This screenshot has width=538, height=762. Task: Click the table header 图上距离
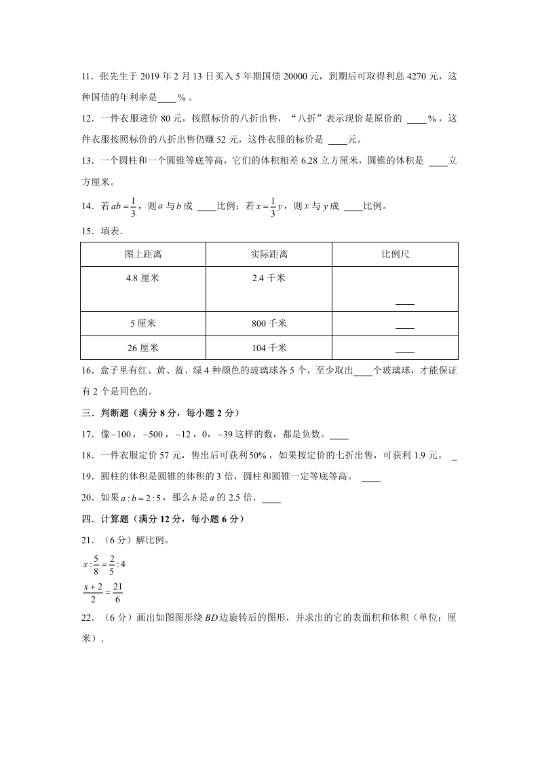pyautogui.click(x=142, y=255)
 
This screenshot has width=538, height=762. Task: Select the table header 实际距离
pyautogui.click(x=269, y=255)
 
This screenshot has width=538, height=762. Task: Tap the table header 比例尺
pyautogui.click(x=395, y=255)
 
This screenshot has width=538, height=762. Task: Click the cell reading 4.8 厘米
pyautogui.click(x=142, y=278)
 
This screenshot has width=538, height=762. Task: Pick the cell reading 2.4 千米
pyautogui.click(x=269, y=278)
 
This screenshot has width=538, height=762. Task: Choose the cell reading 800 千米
pyautogui.click(x=269, y=323)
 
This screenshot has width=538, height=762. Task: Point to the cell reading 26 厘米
pyautogui.click(x=142, y=348)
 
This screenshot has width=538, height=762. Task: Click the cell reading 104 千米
pyautogui.click(x=269, y=348)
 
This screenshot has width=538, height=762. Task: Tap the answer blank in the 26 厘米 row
pyautogui.click(x=404, y=351)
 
